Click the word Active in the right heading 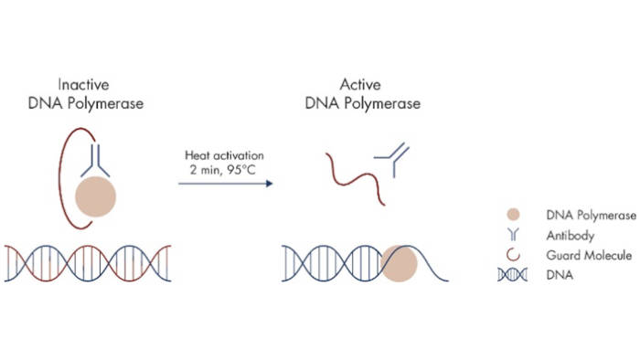(x=362, y=84)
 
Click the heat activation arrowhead (x=270, y=184)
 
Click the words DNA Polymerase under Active (x=362, y=102)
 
